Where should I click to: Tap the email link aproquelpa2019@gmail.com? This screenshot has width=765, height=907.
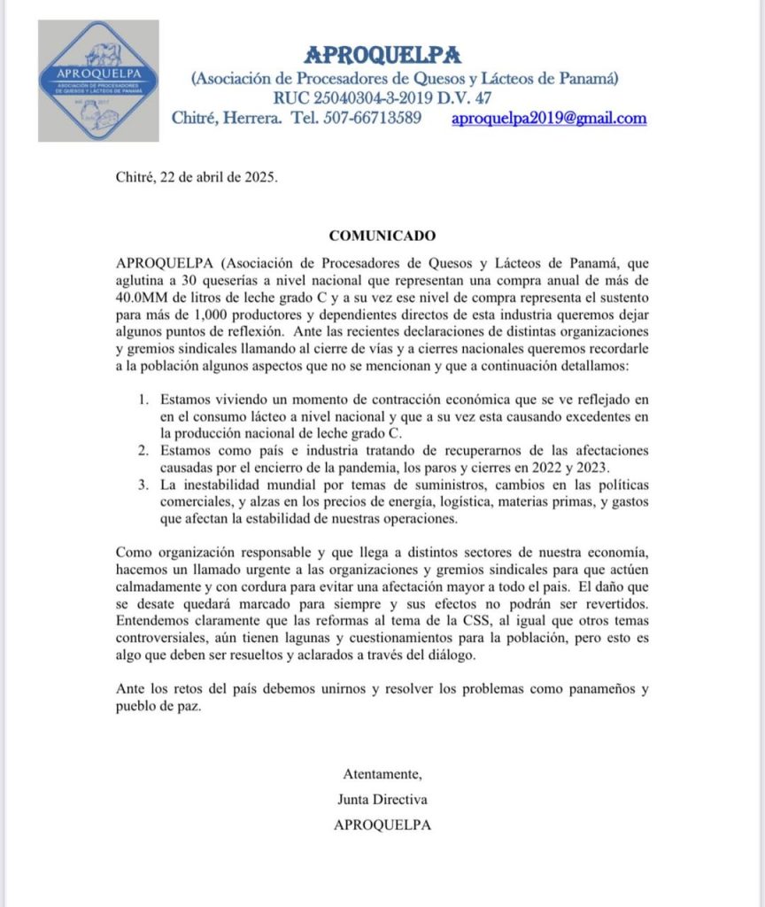click(x=548, y=118)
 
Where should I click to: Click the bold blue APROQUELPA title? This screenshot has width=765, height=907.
click(x=382, y=55)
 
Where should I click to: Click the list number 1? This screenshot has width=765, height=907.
click(x=142, y=400)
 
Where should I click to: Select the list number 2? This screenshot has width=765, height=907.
click(x=142, y=451)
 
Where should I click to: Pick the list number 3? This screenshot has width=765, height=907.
click(x=142, y=485)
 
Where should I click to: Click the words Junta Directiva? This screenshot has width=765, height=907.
click(x=382, y=799)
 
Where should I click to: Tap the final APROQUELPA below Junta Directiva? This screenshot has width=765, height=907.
click(x=382, y=825)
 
